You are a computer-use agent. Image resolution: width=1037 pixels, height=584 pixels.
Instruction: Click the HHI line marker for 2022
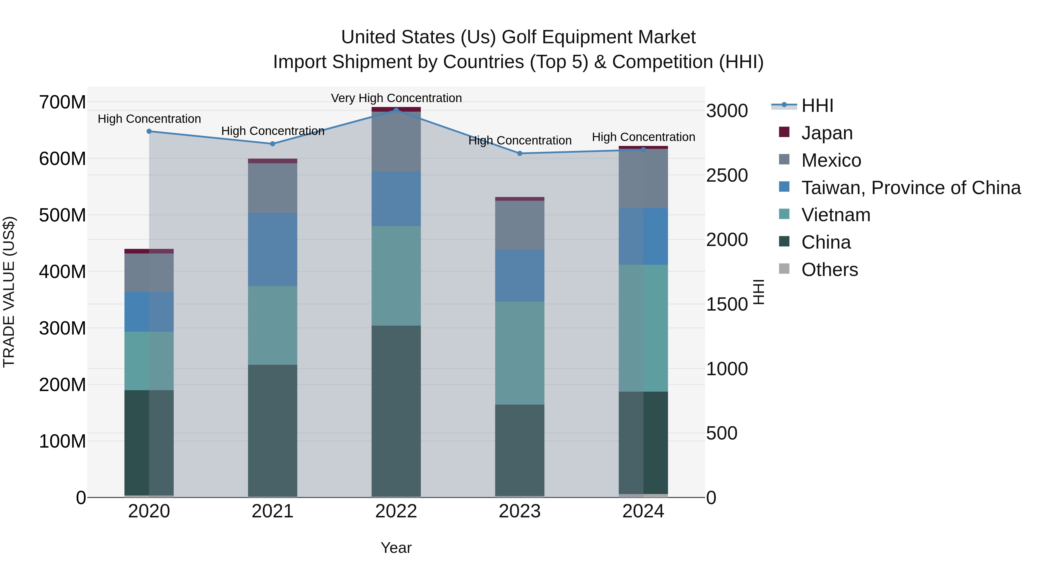pyautogui.click(x=396, y=110)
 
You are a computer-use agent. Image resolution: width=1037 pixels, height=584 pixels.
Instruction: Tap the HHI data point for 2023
pyautogui.click(x=519, y=153)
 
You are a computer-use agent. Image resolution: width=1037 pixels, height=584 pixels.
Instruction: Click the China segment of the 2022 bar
pyautogui.click(x=396, y=411)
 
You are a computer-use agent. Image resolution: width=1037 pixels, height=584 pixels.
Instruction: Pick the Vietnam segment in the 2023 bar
pyautogui.click(x=519, y=353)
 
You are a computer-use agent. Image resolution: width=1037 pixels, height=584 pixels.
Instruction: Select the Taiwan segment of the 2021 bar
pyautogui.click(x=273, y=249)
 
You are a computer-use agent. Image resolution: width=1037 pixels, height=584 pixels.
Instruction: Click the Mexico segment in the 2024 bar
pyautogui.click(x=643, y=178)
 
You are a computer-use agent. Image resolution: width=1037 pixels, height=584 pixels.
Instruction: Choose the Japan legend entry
pyautogui.click(x=826, y=133)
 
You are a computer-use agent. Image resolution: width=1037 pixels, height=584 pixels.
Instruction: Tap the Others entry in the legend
pyautogui.click(x=829, y=270)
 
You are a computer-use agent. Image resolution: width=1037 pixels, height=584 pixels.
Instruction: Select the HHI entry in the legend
pyautogui.click(x=817, y=106)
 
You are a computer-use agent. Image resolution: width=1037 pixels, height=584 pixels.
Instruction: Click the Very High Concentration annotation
pyautogui.click(x=396, y=98)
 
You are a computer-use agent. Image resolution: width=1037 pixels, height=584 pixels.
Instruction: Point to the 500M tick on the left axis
pyautogui.click(x=63, y=215)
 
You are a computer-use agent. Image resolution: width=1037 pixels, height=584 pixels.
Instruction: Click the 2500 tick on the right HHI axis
pyautogui.click(x=727, y=175)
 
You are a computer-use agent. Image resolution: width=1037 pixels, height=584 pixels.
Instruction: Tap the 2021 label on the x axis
pyautogui.click(x=273, y=511)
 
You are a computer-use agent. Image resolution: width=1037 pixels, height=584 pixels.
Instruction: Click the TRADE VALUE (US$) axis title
pyautogui.click(x=9, y=292)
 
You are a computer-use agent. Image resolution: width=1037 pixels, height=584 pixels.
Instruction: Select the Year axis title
pyautogui.click(x=396, y=548)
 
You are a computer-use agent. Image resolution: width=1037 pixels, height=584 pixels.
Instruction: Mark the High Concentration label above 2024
pyautogui.click(x=643, y=137)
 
